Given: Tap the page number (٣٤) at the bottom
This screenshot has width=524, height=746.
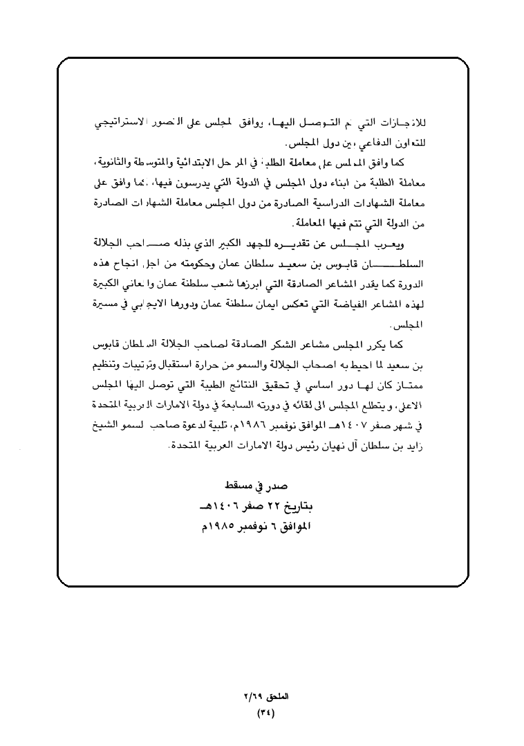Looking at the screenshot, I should click(x=265, y=711).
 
